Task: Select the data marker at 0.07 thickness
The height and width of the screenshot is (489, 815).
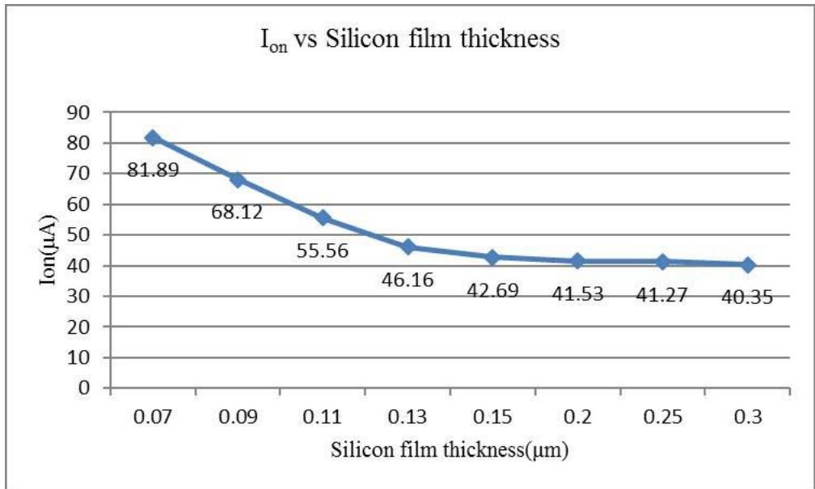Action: coord(152,138)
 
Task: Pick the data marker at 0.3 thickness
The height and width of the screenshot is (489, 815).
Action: coord(748,264)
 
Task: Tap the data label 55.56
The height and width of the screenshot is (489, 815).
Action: coord(321,251)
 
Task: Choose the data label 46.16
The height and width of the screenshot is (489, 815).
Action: coord(407,280)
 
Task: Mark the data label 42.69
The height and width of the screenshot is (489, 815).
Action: coord(492,289)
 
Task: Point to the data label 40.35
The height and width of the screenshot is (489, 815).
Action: coord(747,297)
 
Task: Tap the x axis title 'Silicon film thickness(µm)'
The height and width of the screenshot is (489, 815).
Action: coord(450,451)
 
